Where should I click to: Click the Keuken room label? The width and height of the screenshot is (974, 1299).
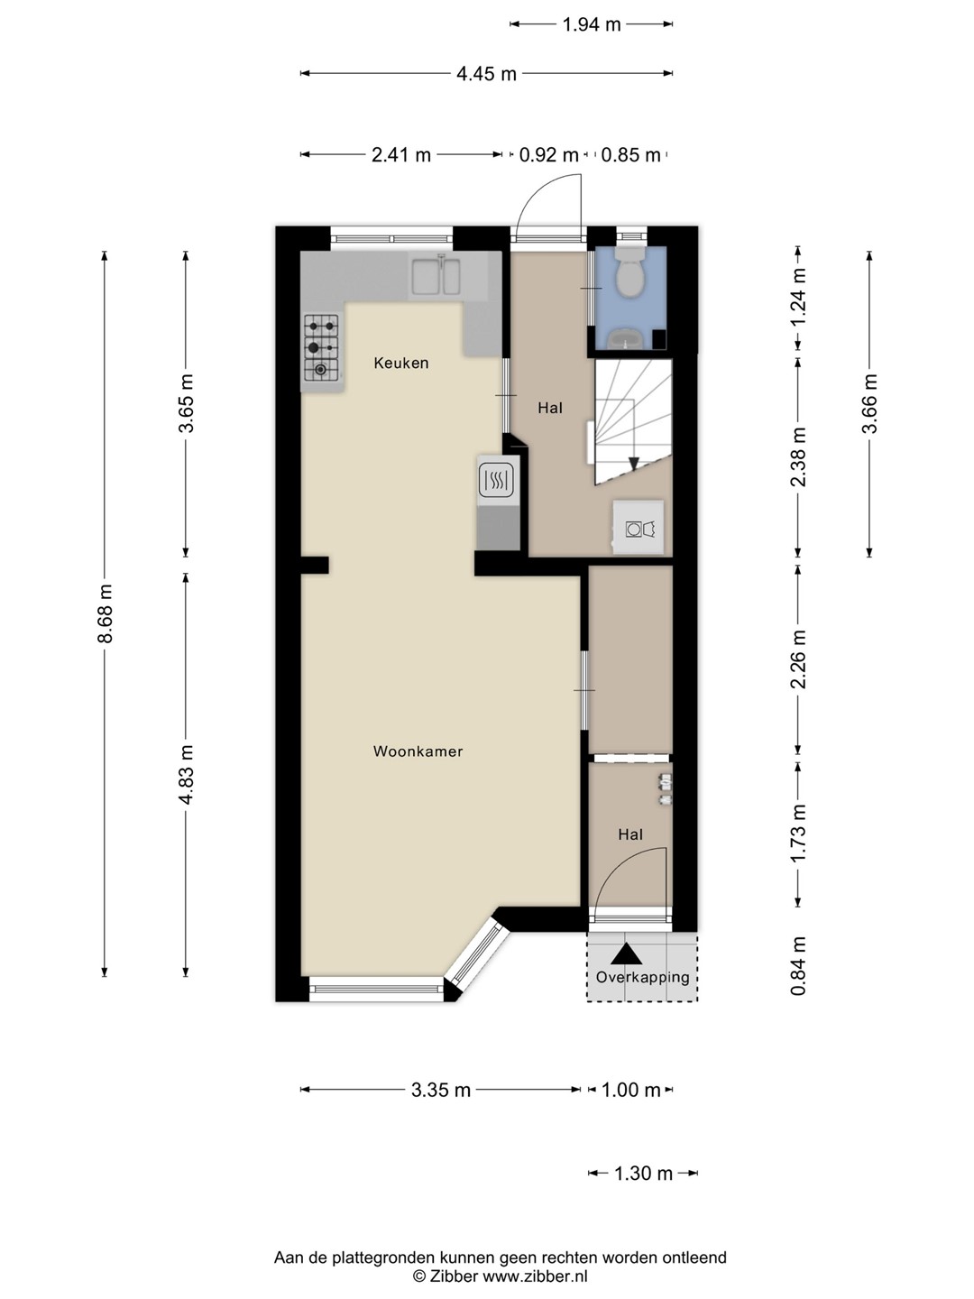pos(401,363)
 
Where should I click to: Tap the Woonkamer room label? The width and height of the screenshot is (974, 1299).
pos(418,751)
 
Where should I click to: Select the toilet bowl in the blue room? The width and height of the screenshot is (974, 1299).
pos(631,272)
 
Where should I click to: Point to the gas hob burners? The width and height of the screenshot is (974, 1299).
pos(322,347)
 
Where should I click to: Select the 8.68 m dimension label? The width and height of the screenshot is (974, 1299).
pos(105,613)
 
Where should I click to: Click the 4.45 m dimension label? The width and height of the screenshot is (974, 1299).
pos(486,74)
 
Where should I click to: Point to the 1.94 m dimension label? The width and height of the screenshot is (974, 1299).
pos(592,24)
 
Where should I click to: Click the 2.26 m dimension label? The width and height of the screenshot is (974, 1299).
pos(798,659)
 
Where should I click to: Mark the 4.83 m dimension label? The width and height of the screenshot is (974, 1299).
pos(187,774)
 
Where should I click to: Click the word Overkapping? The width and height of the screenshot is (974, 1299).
pos(642,976)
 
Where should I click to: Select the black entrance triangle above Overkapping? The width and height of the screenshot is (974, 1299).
pos(626,954)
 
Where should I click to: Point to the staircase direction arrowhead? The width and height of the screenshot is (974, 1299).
pos(634,463)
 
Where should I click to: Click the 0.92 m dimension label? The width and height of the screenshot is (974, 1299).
pos(548,155)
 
